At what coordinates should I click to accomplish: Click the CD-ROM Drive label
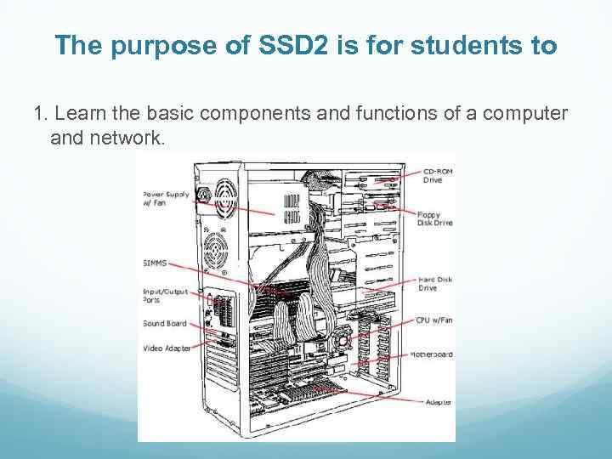point(438,175)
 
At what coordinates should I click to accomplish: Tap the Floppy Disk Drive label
point(434,218)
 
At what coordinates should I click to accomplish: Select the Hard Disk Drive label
point(434,284)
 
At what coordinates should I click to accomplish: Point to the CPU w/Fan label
point(434,320)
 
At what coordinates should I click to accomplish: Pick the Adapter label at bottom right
point(439,401)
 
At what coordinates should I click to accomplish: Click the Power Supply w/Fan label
point(166,198)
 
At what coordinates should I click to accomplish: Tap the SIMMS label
point(155,263)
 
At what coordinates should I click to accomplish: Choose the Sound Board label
point(165,323)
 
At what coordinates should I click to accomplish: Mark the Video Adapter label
point(167,348)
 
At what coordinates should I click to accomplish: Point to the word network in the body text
point(127,137)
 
